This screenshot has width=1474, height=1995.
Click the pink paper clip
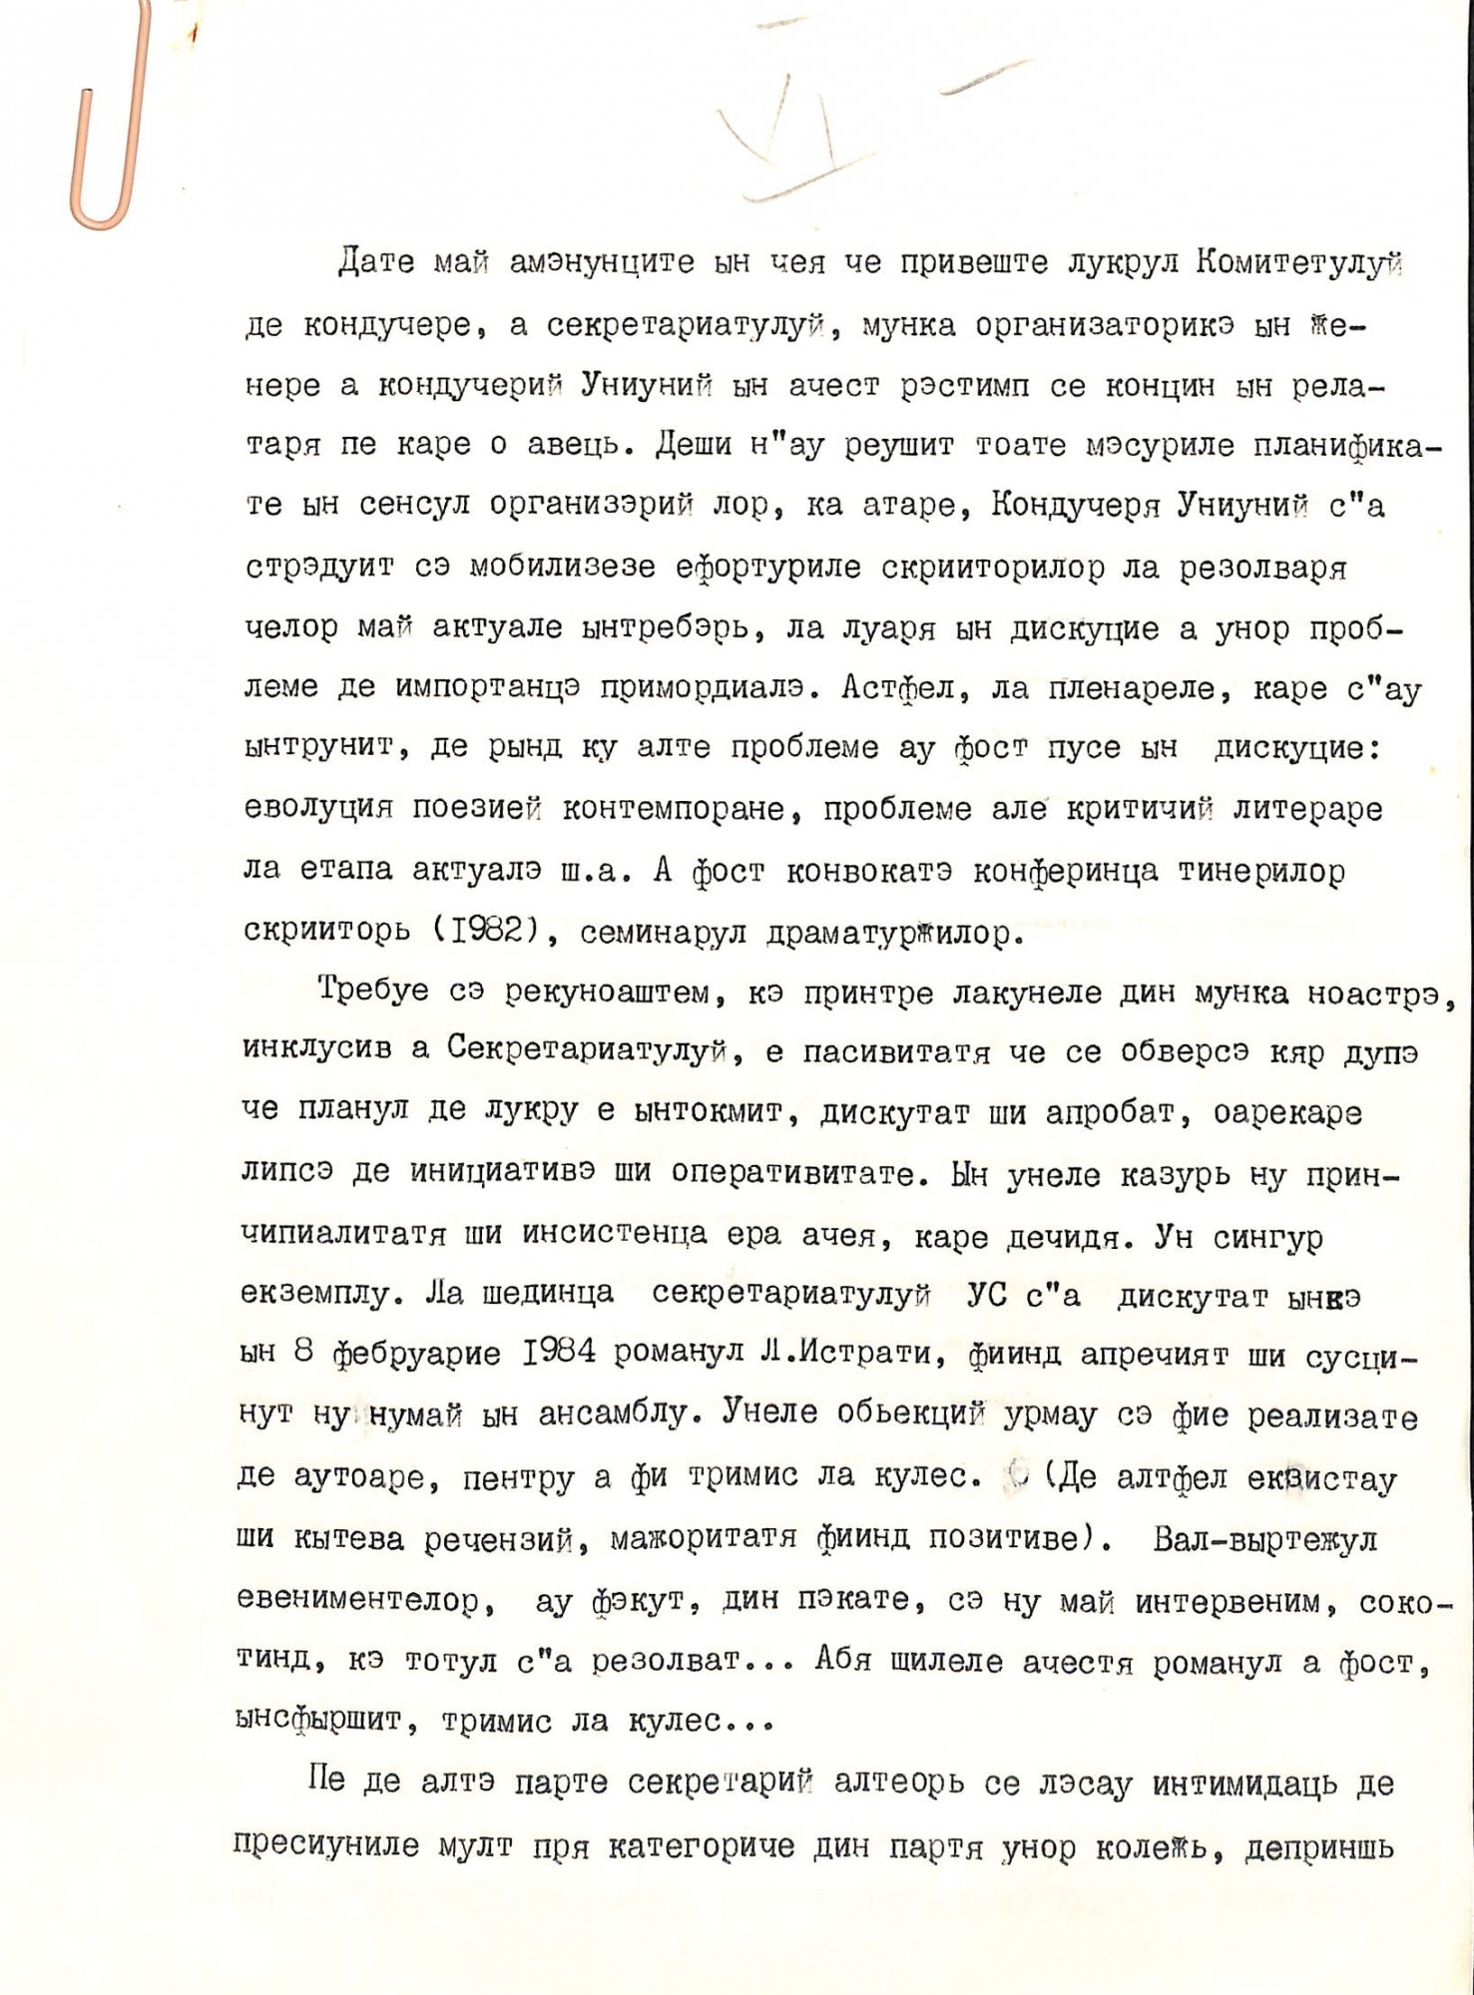[110, 120]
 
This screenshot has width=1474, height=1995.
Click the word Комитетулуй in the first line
[1297, 263]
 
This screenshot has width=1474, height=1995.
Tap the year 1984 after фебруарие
[559, 1353]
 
